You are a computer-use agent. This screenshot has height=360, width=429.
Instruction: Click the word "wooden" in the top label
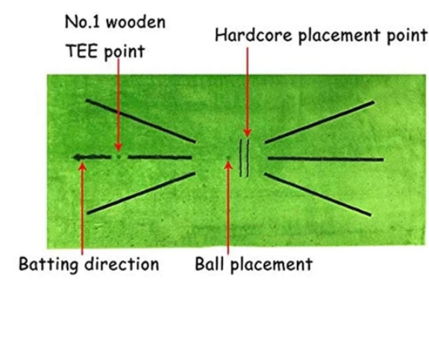click(136, 22)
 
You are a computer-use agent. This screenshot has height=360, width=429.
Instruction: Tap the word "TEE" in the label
click(81, 51)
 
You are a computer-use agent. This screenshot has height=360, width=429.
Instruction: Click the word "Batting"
click(48, 265)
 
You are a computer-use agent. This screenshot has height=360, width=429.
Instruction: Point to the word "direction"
click(122, 264)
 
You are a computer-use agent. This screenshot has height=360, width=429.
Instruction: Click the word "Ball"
click(210, 264)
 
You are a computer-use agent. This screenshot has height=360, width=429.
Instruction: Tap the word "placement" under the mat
click(271, 265)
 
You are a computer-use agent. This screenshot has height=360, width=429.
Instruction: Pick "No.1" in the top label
click(82, 22)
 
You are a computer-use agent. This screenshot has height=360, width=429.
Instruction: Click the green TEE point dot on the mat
click(119, 157)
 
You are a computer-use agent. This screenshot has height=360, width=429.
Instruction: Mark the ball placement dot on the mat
click(228, 158)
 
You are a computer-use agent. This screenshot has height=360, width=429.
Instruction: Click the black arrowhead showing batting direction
click(78, 157)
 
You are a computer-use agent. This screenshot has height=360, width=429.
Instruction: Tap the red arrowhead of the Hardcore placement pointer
click(248, 133)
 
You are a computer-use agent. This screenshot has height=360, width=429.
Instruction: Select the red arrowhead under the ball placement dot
click(228, 165)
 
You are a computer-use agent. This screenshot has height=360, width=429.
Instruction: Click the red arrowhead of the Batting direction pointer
click(82, 166)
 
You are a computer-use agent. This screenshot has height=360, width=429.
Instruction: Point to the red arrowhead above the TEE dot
click(118, 147)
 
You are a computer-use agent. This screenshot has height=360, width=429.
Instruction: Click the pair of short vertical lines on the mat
click(244, 158)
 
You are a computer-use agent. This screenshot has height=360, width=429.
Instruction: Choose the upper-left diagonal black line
click(141, 121)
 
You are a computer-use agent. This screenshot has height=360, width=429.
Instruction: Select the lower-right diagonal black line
click(318, 195)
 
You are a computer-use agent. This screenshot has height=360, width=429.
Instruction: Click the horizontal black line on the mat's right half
click(325, 159)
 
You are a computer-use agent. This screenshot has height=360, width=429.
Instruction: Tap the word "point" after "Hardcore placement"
click(407, 37)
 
